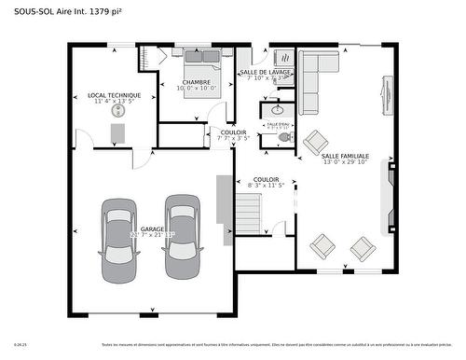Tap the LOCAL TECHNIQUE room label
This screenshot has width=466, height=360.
point(114,95)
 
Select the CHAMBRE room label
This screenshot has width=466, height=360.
point(196,82)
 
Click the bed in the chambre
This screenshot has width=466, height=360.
point(201,64)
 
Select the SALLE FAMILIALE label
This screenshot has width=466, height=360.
point(345,156)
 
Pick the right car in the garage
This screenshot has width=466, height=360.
point(181,237)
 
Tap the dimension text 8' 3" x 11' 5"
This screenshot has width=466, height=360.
point(266,186)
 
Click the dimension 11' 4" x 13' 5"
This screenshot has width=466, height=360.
point(114,102)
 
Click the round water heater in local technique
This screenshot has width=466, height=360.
point(118,111)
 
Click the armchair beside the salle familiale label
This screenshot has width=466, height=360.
point(312,142)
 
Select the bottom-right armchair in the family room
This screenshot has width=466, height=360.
point(363,248)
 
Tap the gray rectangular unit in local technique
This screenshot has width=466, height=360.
point(117,134)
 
